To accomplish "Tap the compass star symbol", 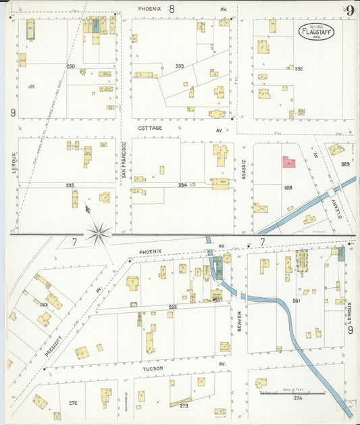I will (x=99, y=233).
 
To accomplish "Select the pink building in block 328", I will (x=289, y=163).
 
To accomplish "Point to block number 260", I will (x=70, y=66).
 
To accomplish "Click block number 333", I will (x=179, y=66).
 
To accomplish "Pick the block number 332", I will (x=299, y=69).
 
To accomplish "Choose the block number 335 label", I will (x=70, y=185).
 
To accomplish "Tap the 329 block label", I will (x=345, y=164).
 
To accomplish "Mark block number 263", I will (x=44, y=305).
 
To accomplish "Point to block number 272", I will (x=73, y=403).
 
